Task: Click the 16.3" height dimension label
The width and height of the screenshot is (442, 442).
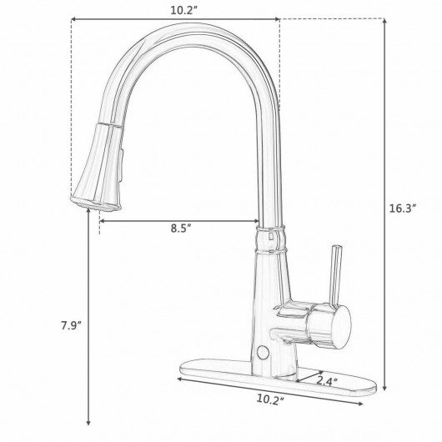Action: (x=403, y=208)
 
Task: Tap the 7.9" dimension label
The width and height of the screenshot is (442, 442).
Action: (x=72, y=325)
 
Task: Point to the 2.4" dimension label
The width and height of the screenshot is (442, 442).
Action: (x=326, y=381)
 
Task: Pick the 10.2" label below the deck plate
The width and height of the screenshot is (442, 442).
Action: (x=270, y=399)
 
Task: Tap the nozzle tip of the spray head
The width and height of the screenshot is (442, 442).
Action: (x=95, y=203)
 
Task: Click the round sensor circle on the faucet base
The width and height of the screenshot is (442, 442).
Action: (x=263, y=353)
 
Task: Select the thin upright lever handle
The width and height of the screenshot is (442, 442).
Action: (x=336, y=277)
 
